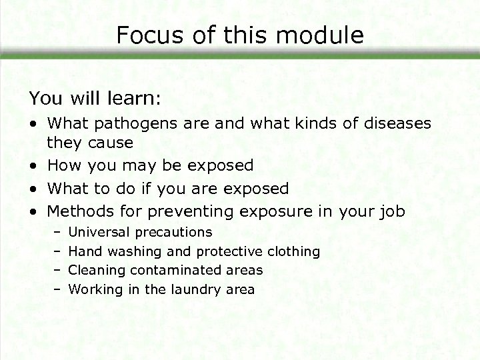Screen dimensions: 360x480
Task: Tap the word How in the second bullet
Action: [63, 165]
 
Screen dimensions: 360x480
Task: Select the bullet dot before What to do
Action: [33, 189]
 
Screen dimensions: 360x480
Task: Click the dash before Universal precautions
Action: [57, 233]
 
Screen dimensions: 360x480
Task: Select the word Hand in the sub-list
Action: [83, 251]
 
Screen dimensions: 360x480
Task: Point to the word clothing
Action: [293, 251]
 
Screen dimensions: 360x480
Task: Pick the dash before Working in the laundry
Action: [57, 289]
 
